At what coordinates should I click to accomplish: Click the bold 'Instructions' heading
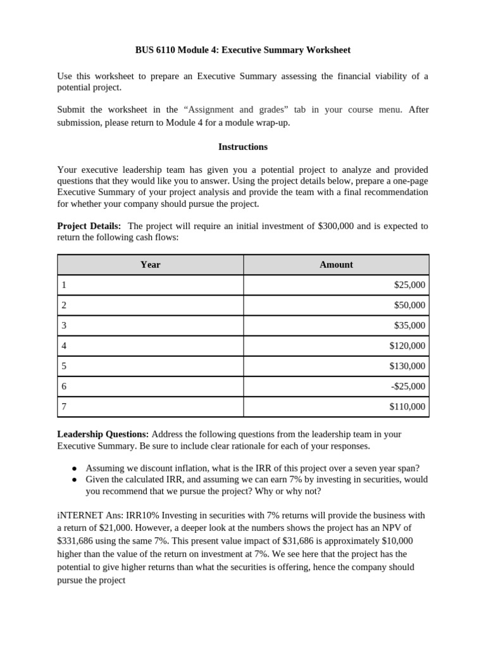pos(243,147)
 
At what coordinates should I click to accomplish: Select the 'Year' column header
pos(150,265)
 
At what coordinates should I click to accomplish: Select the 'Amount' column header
pos(336,265)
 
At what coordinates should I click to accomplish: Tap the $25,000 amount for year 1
pos(409,285)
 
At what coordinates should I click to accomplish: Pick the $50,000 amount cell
pos(409,305)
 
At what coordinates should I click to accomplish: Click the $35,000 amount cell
pos(409,325)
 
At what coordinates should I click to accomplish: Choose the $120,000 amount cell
pos(408,346)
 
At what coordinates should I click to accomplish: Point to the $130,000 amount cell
pos(408,366)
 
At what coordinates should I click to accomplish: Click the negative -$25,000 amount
pos(408,386)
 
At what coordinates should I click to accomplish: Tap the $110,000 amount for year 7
pos(408,406)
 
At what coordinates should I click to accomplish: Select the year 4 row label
pos(64,346)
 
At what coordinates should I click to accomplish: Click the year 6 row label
pos(64,386)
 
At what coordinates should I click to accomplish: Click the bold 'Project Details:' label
pos(89,226)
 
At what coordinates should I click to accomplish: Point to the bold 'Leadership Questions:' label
pos(103,434)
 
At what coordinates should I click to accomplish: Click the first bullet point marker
pos(74,468)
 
